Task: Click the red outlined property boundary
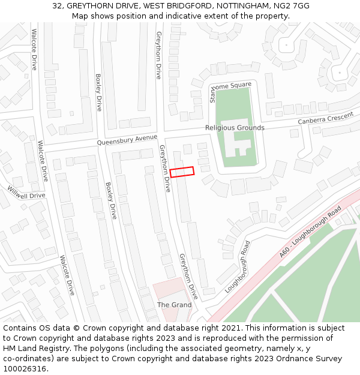(182, 172)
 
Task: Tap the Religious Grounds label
(235, 128)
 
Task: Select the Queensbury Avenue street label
(127, 140)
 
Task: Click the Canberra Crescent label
(326, 119)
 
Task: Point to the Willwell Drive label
(26, 193)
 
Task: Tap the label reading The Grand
(174, 305)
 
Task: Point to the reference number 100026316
(24, 369)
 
